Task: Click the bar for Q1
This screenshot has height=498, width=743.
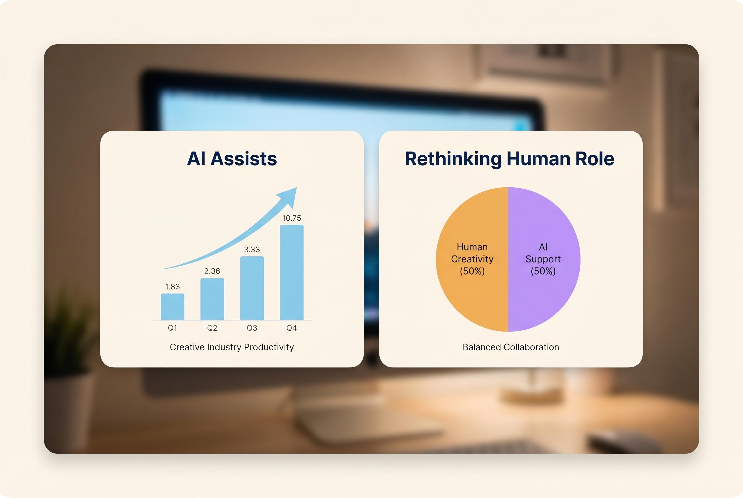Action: [172, 307]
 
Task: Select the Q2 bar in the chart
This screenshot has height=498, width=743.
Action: [212, 299]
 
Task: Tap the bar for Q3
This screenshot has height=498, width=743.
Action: [252, 288]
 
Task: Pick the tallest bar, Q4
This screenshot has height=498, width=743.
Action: [292, 272]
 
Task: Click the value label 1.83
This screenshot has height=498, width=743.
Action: [172, 287]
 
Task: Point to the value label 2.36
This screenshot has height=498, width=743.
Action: [212, 271]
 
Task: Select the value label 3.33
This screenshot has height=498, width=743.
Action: [252, 249]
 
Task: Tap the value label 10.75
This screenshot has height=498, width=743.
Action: [292, 218]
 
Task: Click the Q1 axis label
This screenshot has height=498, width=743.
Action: [172, 328]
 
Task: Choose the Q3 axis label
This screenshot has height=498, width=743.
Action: [252, 328]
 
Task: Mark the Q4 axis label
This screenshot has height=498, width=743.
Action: [292, 328]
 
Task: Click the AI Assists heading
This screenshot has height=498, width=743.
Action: [232, 159]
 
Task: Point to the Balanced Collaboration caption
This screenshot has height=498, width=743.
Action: [511, 347]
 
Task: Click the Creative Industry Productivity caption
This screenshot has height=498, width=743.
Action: [232, 347]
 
